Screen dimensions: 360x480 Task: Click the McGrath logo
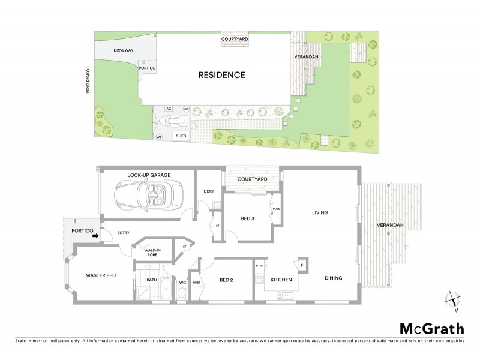point(432,328)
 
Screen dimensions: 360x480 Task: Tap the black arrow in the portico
point(95,235)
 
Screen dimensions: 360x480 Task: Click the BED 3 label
point(248,218)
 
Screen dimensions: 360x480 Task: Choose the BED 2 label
point(226,280)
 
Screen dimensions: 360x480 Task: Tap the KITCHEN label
point(281,280)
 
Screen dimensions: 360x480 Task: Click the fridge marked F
point(301,264)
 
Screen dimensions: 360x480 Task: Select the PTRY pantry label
point(260,265)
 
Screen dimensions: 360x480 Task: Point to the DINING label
point(334,278)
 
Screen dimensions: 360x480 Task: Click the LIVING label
point(321,212)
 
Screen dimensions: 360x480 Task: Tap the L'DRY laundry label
point(209,191)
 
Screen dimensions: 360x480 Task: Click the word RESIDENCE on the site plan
point(222,75)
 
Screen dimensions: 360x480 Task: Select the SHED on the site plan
point(181,136)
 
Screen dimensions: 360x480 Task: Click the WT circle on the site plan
point(159,137)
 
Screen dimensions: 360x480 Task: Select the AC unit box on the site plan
point(169,109)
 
